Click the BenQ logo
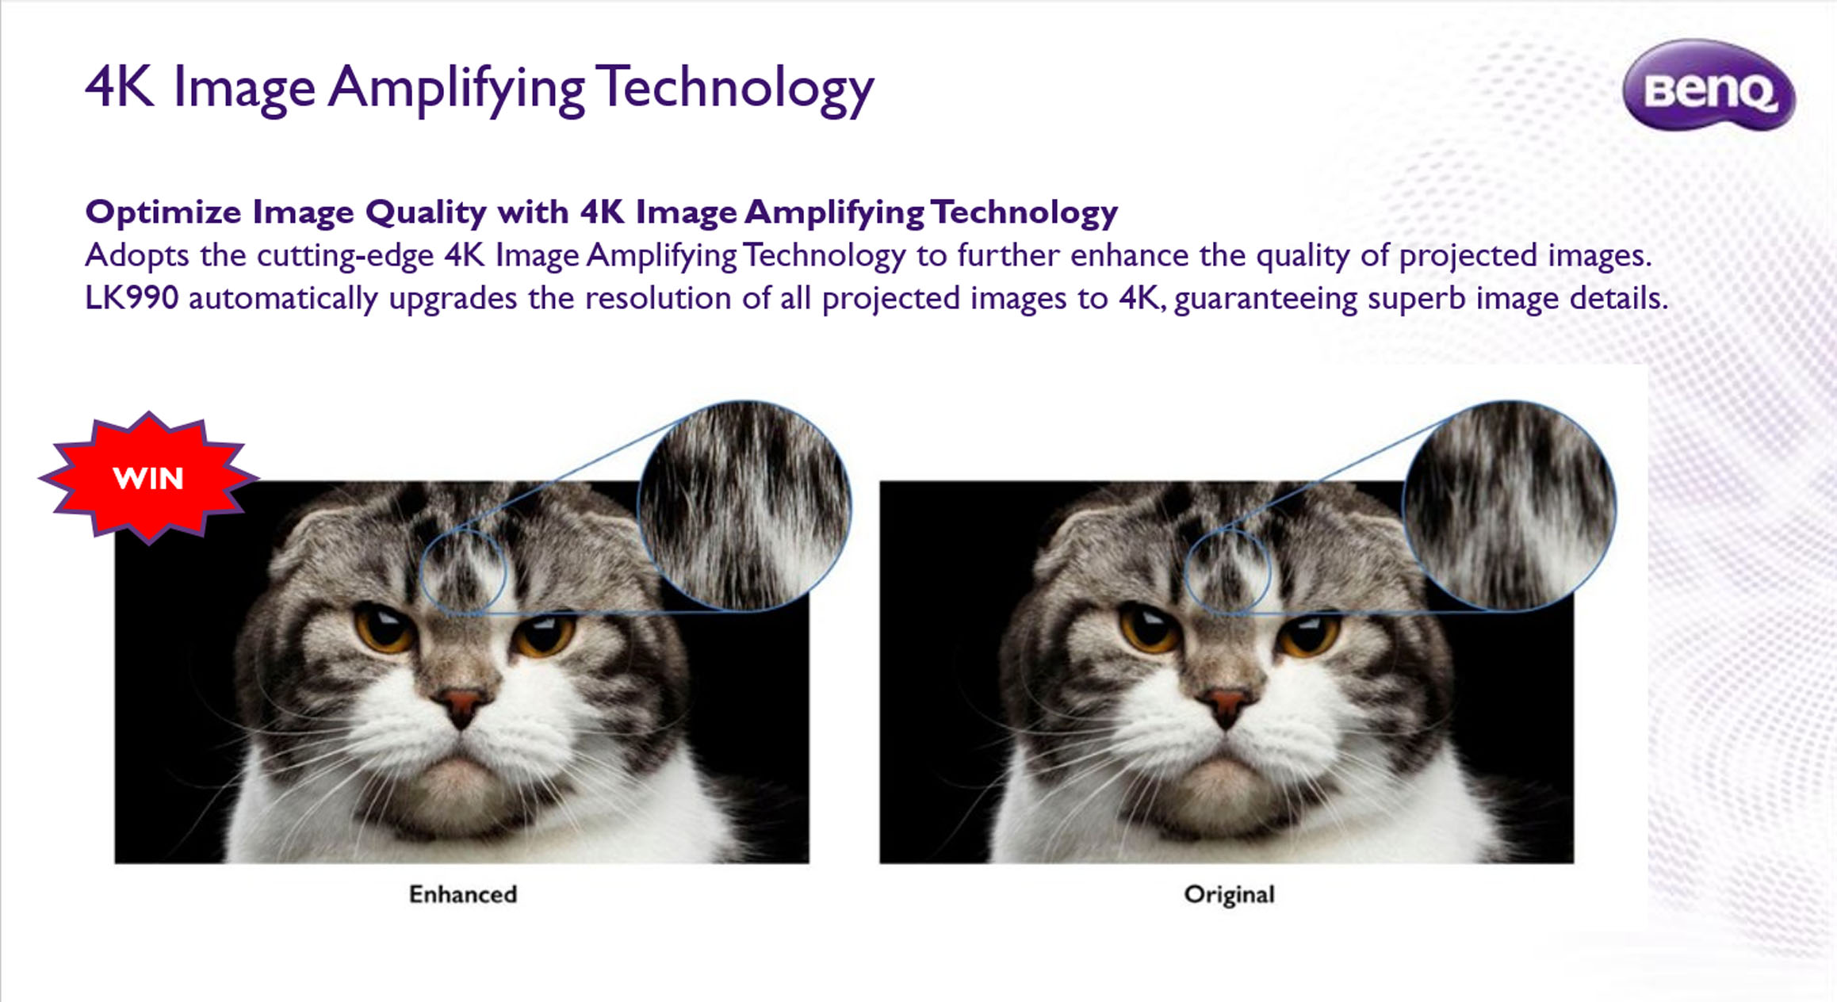(1709, 86)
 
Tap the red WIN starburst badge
(148, 478)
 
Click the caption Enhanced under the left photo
(463, 894)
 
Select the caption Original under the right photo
(1229, 895)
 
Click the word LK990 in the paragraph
(132, 298)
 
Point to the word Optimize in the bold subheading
(163, 212)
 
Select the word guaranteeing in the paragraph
(1265, 300)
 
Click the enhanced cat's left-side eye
(385, 625)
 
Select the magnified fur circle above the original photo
(1510, 506)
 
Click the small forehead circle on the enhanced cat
(421, 572)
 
